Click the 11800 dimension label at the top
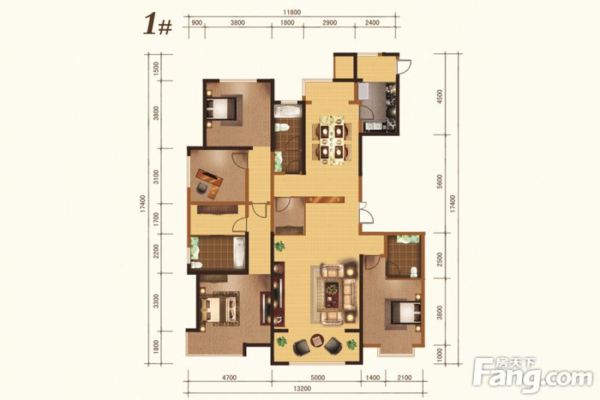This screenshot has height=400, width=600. click(292, 12)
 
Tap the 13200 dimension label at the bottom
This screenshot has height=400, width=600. click(302, 389)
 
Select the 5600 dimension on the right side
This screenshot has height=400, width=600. click(439, 182)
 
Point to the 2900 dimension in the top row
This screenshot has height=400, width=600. click(329, 23)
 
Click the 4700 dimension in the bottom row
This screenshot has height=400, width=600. click(229, 377)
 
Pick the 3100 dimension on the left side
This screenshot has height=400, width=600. click(156, 177)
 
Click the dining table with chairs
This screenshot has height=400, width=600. click(331, 140)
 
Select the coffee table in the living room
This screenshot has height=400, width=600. click(331, 294)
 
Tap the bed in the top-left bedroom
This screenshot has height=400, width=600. click(221, 108)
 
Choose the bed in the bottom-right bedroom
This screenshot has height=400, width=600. click(406, 313)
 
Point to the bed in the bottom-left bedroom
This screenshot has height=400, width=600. click(220, 309)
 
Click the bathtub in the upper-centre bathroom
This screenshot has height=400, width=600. click(288, 111)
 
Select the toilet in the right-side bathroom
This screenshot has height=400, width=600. click(414, 272)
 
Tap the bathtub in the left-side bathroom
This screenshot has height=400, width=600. click(239, 253)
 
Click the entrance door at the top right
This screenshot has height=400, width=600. click(403, 66)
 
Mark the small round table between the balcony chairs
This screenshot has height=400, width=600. click(316, 340)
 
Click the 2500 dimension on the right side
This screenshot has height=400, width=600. click(439, 260)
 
